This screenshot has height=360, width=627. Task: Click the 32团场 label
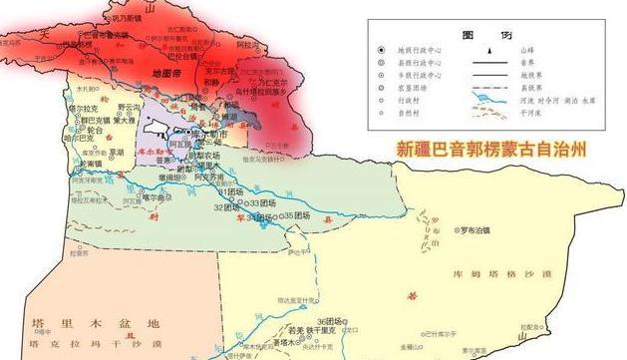[225, 206]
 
